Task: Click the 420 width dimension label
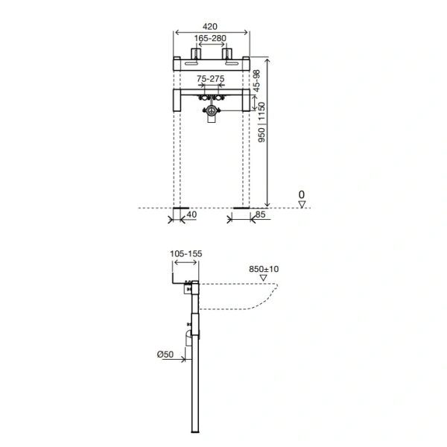coord(210,27)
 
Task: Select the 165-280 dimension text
coord(210,38)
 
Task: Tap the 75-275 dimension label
coord(211,78)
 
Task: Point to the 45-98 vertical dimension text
coord(257,80)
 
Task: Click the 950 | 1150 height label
coord(261,122)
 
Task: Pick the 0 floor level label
coord(302,194)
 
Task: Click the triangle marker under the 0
coord(302,204)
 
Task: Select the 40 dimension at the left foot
coord(191,215)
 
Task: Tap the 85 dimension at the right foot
coord(260,215)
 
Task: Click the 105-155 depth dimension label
coord(186,254)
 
